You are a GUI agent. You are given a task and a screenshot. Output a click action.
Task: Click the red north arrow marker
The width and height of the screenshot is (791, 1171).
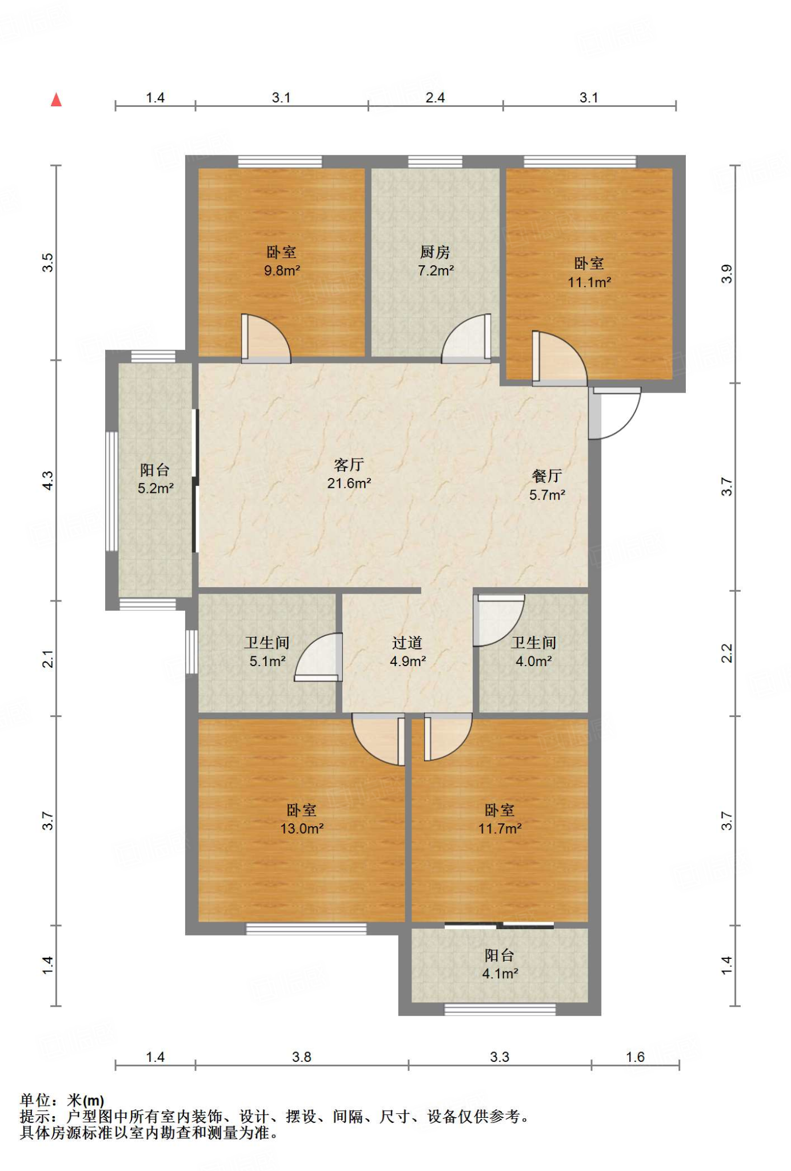[56, 100]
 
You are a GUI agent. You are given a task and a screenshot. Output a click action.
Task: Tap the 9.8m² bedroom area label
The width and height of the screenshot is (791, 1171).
[282, 270]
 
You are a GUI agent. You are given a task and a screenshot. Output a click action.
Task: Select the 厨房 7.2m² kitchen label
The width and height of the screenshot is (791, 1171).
[436, 261]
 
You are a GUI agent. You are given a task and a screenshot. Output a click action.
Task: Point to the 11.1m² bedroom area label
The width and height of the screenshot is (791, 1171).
[589, 282]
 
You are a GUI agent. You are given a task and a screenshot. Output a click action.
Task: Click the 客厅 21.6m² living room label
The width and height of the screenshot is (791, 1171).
[349, 474]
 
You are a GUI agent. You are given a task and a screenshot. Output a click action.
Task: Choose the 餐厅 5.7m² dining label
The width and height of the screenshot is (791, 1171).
[547, 485]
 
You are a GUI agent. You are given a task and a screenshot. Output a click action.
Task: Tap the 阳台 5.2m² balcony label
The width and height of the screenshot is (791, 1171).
[155, 479]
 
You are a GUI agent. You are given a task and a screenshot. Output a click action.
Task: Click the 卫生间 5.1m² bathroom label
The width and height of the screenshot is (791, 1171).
[267, 652]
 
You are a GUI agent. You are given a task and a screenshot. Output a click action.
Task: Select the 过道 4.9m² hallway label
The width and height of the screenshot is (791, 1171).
[408, 652]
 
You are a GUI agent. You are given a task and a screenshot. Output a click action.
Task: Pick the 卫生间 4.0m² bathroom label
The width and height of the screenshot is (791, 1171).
[534, 652]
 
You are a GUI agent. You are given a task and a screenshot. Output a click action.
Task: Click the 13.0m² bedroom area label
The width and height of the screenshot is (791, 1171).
[302, 829]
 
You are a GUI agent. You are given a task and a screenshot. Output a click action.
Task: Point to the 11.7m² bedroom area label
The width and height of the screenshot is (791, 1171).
[500, 829]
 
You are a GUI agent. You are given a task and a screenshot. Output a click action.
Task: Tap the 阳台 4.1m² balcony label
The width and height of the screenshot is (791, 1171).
[500, 964]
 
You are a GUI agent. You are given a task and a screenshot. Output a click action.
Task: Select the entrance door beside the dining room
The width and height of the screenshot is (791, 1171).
[615, 413]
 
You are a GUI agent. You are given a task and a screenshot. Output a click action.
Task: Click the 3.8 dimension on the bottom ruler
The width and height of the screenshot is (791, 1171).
[302, 1057]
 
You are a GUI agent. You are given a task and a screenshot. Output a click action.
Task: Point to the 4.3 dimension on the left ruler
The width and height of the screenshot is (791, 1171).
[48, 480]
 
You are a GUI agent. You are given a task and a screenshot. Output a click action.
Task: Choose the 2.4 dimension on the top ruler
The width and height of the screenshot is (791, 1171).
[436, 98]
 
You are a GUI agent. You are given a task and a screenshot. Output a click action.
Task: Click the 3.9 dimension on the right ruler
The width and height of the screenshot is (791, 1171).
[726, 274]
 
